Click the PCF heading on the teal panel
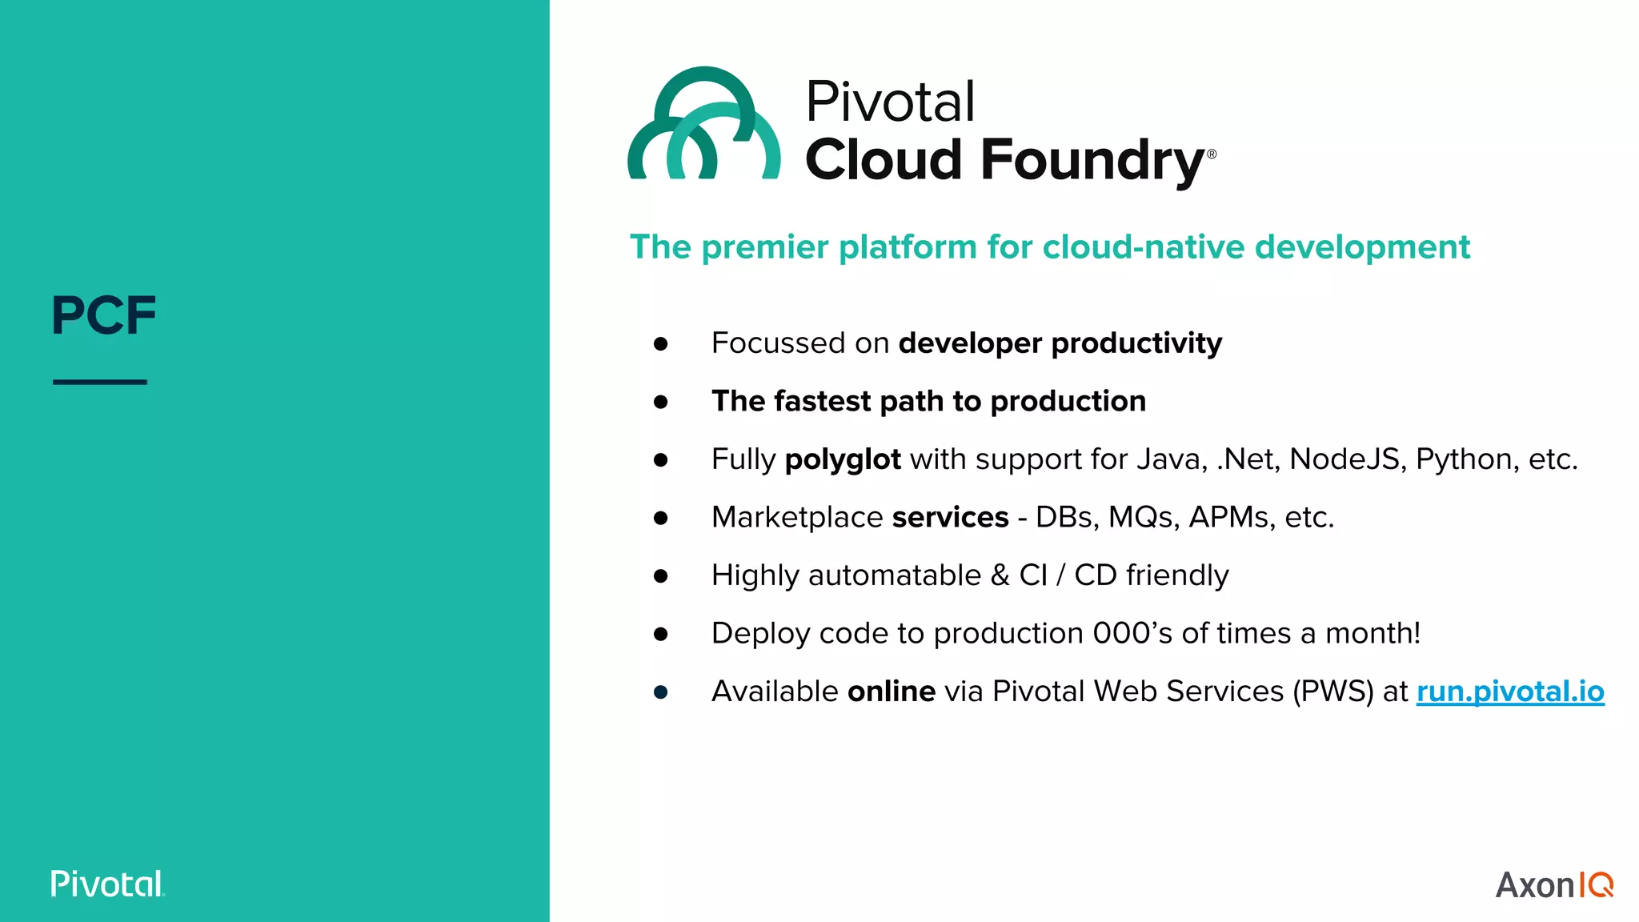[103, 315]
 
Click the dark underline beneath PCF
[100, 382]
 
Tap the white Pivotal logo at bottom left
[107, 884]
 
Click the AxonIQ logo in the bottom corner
[1553, 884]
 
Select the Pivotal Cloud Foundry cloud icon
[703, 124]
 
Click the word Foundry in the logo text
[1092, 161]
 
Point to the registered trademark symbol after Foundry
[1212, 154]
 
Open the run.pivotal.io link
[1509, 691]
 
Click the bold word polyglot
[842, 459]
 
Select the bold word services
[950, 518]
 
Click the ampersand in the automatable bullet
[1000, 575]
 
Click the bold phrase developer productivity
[1060, 343]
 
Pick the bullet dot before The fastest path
[660, 402]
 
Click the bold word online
[891, 691]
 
